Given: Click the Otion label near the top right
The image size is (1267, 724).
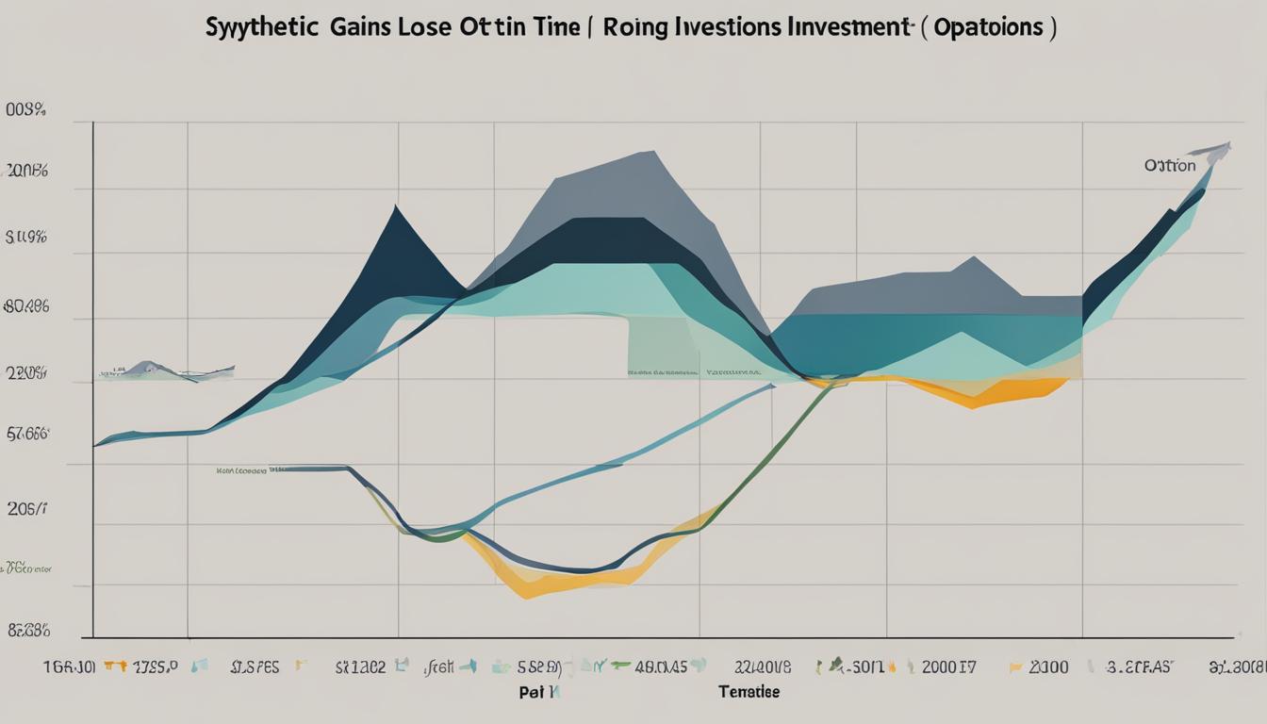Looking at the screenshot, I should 1169,166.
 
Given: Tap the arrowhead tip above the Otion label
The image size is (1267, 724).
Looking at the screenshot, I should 1227,144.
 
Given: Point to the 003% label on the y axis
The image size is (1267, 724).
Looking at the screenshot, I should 25,110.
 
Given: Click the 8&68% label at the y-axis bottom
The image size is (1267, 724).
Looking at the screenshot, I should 27,632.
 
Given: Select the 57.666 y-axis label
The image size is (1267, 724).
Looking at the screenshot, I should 27,435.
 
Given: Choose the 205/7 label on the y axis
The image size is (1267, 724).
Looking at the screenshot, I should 27,510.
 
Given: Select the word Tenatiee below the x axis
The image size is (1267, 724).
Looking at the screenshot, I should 749,692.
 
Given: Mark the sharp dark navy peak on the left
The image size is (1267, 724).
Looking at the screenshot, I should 397,209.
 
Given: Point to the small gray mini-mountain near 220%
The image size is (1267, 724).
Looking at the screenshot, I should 146,367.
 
